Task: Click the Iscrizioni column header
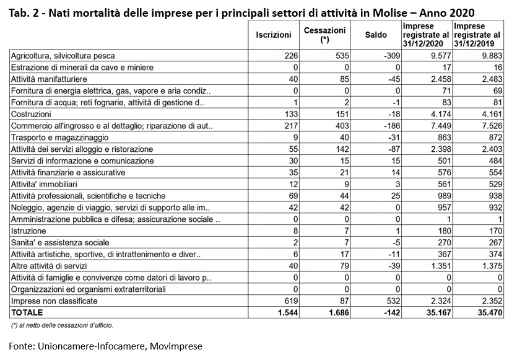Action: (x=273, y=35)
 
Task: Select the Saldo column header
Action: (x=376, y=35)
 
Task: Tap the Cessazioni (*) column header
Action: (x=325, y=35)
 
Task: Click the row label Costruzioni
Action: (x=31, y=114)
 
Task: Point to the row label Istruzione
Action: (x=28, y=231)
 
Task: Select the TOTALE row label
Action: (x=27, y=312)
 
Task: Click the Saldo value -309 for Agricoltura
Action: (x=392, y=56)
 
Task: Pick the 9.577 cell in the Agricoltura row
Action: (x=441, y=56)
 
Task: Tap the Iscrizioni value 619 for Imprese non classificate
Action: (x=291, y=301)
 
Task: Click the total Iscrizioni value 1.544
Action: (x=288, y=312)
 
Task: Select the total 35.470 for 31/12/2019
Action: (x=490, y=312)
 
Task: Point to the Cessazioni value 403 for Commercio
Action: (x=342, y=126)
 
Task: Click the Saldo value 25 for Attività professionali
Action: (x=396, y=196)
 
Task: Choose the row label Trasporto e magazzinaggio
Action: (x=59, y=138)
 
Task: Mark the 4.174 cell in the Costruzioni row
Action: (x=441, y=114)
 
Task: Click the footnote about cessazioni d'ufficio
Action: (x=62, y=326)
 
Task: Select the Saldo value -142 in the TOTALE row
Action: (x=392, y=312)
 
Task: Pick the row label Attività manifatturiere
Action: (x=49, y=79)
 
